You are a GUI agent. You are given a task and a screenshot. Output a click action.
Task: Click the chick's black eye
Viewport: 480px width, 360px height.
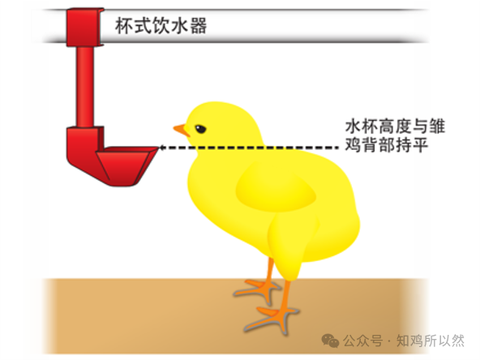[200, 129]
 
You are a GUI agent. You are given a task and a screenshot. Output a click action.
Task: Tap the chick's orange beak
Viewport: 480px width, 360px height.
[182, 130]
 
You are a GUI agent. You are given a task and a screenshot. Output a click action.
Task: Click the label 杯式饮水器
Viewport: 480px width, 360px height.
[161, 25]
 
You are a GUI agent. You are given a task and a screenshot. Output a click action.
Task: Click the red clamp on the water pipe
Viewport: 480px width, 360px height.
[84, 28]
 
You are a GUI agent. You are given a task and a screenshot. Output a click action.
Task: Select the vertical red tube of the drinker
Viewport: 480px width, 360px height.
[85, 86]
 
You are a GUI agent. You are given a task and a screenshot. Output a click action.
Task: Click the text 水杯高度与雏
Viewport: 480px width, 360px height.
[395, 126]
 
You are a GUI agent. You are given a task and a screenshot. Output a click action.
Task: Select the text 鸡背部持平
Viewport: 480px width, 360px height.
[386, 145]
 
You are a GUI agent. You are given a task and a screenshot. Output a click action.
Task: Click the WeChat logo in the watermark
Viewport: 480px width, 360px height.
[330, 341]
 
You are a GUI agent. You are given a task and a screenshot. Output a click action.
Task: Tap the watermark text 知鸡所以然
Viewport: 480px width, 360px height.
[430, 341]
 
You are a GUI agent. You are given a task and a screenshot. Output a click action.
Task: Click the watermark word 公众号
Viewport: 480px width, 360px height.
[362, 341]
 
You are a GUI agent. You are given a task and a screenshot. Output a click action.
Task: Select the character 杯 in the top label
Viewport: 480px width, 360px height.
[124, 25]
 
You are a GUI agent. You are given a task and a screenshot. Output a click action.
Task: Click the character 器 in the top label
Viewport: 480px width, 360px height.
[199, 26]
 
